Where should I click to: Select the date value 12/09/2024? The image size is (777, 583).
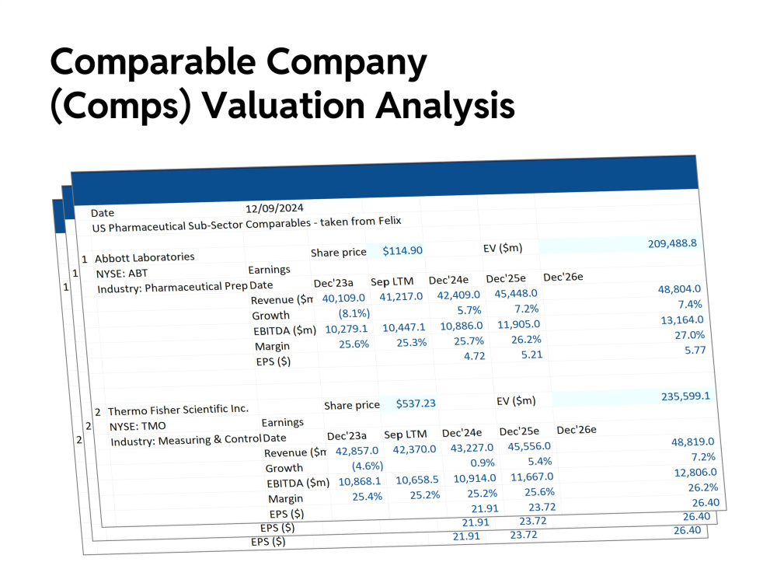pyautogui.click(x=274, y=208)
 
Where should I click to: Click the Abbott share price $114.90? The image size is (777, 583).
pyautogui.click(x=402, y=251)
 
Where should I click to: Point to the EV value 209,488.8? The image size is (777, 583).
pyautogui.click(x=672, y=243)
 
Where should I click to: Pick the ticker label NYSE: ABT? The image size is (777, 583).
pyautogui.click(x=122, y=273)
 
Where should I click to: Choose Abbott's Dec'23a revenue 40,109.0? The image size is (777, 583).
pyautogui.click(x=343, y=298)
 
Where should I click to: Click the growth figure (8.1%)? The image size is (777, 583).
pyautogui.click(x=354, y=313)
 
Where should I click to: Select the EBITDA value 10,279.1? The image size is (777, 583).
pyautogui.click(x=347, y=329)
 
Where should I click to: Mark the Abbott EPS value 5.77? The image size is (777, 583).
pyautogui.click(x=695, y=350)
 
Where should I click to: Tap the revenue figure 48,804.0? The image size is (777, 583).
pyautogui.click(x=679, y=289)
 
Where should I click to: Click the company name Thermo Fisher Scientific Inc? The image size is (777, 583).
pyautogui.click(x=179, y=410)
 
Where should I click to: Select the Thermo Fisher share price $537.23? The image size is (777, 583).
pyautogui.click(x=416, y=403)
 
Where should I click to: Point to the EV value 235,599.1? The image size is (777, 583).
pyautogui.click(x=686, y=396)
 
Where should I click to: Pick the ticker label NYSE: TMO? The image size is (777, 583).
pyautogui.click(x=138, y=426)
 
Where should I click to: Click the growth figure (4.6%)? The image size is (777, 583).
pyautogui.click(x=368, y=466)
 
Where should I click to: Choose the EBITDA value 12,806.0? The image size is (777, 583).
pyautogui.click(x=695, y=473)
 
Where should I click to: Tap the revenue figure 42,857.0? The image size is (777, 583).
pyautogui.click(x=357, y=451)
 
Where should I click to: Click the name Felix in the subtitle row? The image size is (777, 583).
pyautogui.click(x=390, y=221)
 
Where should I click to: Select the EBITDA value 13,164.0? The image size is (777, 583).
pyautogui.click(x=682, y=319)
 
